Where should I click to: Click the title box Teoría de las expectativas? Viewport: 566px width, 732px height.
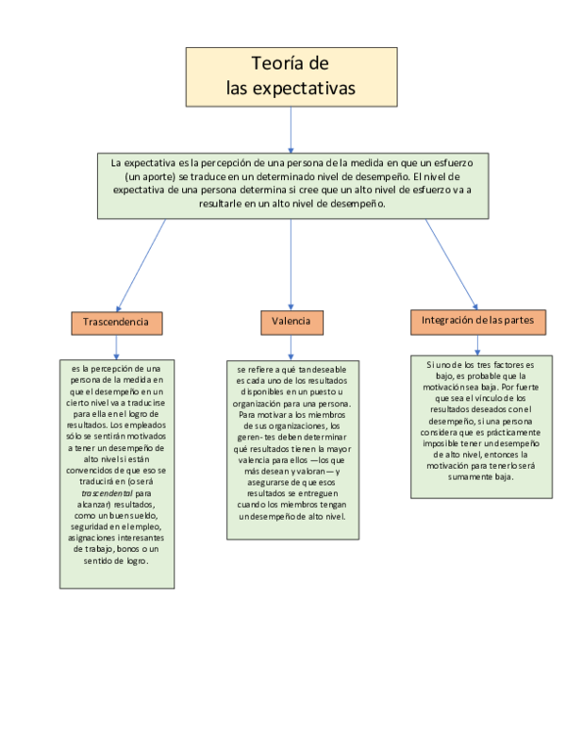tap(290, 76)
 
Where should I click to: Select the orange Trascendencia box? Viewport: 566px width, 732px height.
tap(115, 323)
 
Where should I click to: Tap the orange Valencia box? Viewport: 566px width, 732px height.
tap(291, 323)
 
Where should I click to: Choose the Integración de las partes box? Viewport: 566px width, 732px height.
tap(477, 322)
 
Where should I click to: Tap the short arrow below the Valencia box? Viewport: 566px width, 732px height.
tap(291, 346)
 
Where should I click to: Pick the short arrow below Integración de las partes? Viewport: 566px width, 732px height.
tap(479, 344)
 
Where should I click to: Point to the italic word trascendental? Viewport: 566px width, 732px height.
tap(106, 492)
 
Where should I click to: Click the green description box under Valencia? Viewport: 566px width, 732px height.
tap(291, 449)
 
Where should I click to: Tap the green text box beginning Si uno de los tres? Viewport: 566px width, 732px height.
tap(481, 425)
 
